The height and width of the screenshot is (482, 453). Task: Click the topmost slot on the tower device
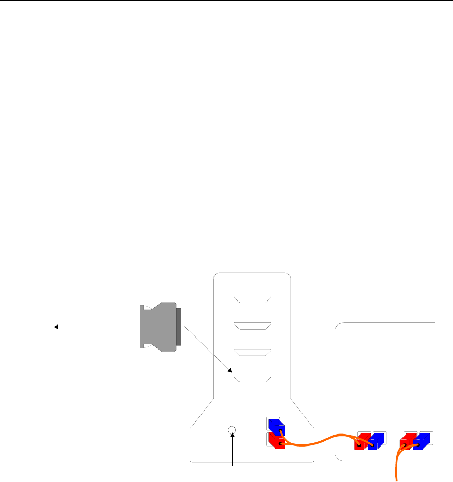click(253, 299)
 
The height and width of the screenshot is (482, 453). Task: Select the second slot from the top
click(253, 326)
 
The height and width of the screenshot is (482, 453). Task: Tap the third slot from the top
click(253, 352)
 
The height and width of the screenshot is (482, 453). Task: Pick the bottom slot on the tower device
click(253, 379)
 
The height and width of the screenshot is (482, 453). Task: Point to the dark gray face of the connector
click(179, 327)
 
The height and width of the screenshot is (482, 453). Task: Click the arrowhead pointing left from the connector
click(56, 327)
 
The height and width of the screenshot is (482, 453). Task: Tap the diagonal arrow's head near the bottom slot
click(231, 371)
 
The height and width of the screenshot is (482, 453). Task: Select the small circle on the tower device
click(232, 430)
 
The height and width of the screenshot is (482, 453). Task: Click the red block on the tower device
click(276, 441)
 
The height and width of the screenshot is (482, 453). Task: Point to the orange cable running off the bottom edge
click(399, 467)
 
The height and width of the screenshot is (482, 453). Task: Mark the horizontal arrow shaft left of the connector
click(99, 327)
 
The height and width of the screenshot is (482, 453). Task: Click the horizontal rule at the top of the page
click(227, 1)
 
